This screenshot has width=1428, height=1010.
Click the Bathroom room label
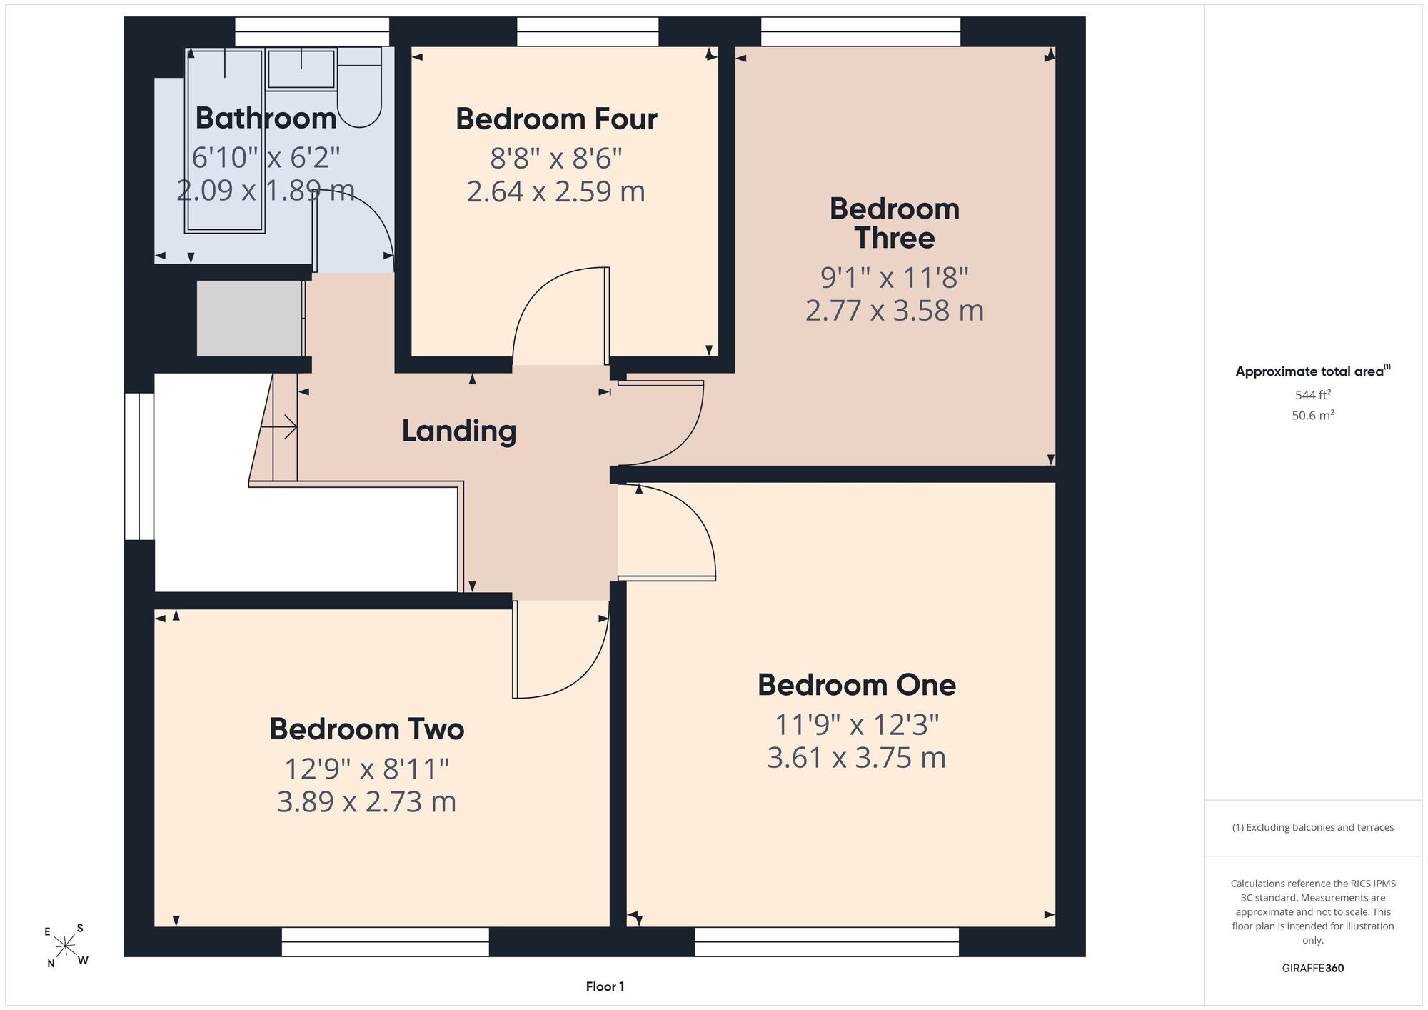pos(266,119)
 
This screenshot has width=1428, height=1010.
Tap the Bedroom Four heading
pos(556,119)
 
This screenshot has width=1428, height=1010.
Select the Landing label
pos(459,431)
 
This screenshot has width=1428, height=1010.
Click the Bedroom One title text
pos(857,685)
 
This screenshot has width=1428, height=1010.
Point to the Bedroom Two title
pos(367,729)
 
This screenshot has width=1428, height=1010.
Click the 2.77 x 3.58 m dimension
pos(895,311)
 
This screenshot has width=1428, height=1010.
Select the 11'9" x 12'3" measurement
pos(857,725)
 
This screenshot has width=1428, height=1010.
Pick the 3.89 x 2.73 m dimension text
pos(367,802)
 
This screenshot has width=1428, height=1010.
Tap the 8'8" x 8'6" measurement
pos(556,159)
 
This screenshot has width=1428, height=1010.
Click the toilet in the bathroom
pos(360,88)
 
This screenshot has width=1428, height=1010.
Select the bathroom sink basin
pos(301,69)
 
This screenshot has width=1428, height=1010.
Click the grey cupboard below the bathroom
pos(250,319)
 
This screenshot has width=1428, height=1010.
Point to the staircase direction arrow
pos(279,428)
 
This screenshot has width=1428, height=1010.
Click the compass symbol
pos(66,946)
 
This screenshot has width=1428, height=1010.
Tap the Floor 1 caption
pos(605,987)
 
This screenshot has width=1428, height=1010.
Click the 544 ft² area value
pos(1313,395)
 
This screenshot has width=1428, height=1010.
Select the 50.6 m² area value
pos(1313,415)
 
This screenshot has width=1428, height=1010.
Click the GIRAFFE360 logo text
pos(1313,969)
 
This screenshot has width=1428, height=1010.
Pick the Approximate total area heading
pos(1313,371)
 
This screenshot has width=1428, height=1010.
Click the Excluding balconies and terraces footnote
pos(1313,827)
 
